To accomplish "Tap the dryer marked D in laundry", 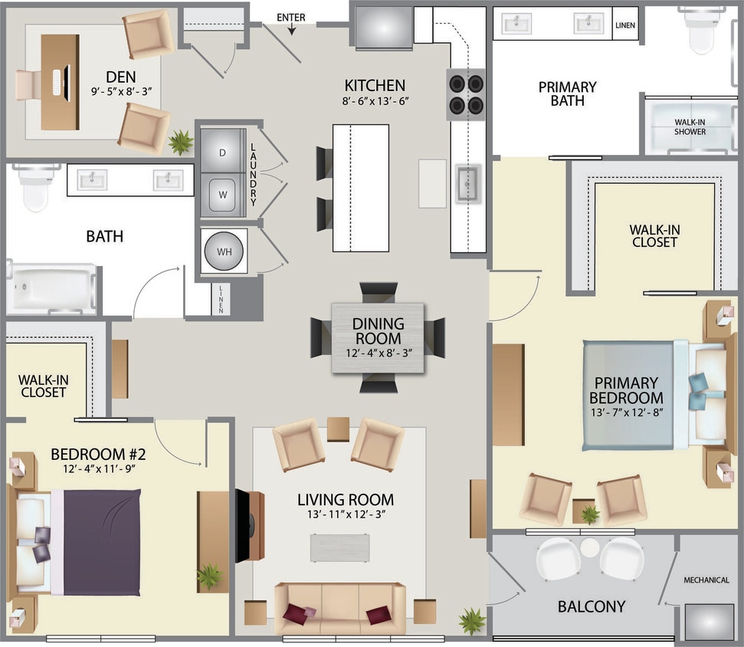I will point(223,153).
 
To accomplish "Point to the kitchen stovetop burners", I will point(466,94).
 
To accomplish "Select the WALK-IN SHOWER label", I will point(690,126).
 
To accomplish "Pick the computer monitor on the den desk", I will point(67,83).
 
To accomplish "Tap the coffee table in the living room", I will point(339,547).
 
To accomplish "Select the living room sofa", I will point(339,607).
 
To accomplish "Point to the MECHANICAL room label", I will point(706,580).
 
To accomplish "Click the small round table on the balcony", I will point(589,547).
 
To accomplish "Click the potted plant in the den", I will point(182,142).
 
